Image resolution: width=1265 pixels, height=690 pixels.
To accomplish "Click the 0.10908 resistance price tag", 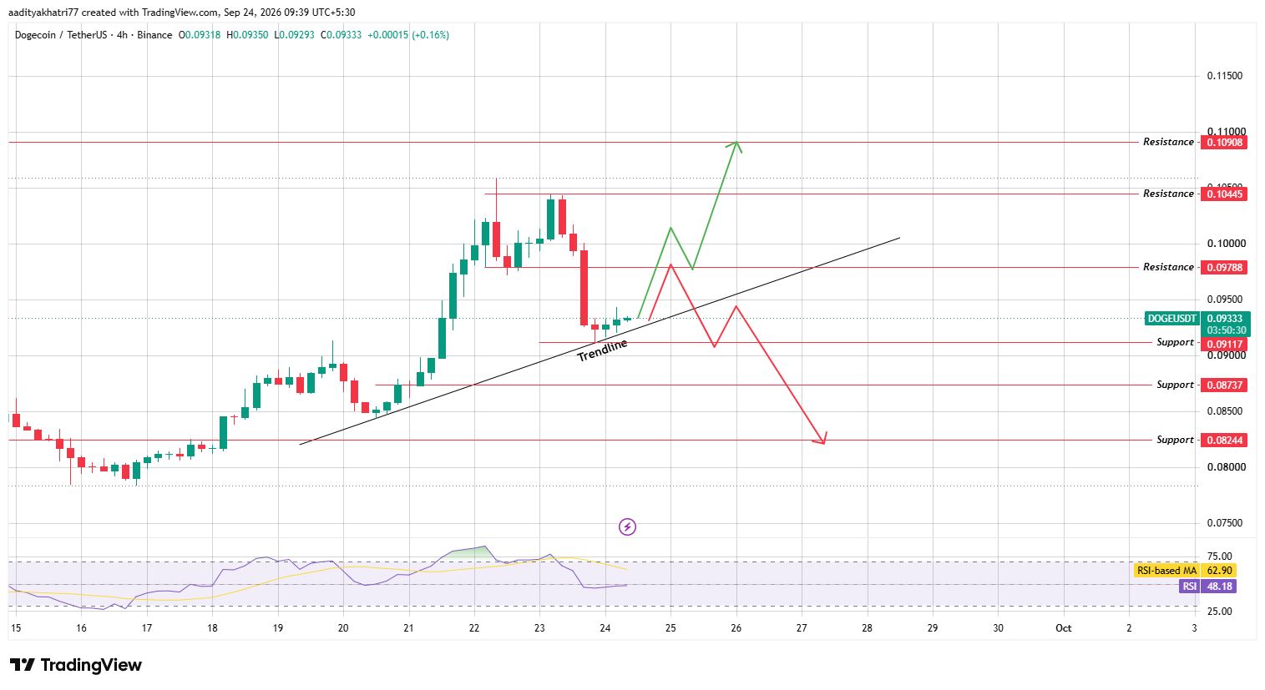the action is pyautogui.click(x=1224, y=142).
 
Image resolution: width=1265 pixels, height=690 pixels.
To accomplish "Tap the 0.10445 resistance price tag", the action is pyautogui.click(x=1224, y=194).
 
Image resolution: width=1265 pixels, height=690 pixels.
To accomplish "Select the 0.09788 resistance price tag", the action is pyautogui.click(x=1224, y=268).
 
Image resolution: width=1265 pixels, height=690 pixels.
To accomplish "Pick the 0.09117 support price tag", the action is pyautogui.click(x=1224, y=344).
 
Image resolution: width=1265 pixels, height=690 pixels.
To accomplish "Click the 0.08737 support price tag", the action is pyautogui.click(x=1224, y=385).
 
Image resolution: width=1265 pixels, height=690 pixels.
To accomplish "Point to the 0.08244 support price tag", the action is pyautogui.click(x=1224, y=440).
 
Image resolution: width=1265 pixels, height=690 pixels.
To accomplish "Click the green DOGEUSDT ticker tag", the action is pyautogui.click(x=1171, y=319).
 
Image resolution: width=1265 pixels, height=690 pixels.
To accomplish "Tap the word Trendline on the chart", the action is pyautogui.click(x=602, y=350).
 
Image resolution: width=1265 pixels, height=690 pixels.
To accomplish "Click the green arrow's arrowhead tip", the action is pyautogui.click(x=736, y=141).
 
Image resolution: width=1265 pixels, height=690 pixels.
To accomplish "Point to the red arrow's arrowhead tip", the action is pyautogui.click(x=824, y=444).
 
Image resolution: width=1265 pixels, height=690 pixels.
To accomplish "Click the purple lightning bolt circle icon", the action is pyautogui.click(x=627, y=527).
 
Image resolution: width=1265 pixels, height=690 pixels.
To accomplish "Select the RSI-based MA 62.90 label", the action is pyautogui.click(x=1185, y=571).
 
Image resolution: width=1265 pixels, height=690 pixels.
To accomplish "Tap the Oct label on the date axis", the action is pyautogui.click(x=1064, y=628).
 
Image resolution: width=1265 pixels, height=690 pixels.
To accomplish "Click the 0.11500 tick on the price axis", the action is pyautogui.click(x=1225, y=76).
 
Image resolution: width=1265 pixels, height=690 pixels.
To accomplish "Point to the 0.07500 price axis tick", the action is pyautogui.click(x=1225, y=523).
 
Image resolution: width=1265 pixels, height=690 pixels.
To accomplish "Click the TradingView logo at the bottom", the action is pyautogui.click(x=76, y=665).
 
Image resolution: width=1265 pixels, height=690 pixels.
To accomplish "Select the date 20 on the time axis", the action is pyautogui.click(x=343, y=628).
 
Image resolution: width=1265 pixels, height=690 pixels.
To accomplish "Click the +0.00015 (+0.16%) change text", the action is pyautogui.click(x=408, y=35).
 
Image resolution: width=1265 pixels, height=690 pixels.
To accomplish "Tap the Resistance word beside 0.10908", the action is pyautogui.click(x=1168, y=142).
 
